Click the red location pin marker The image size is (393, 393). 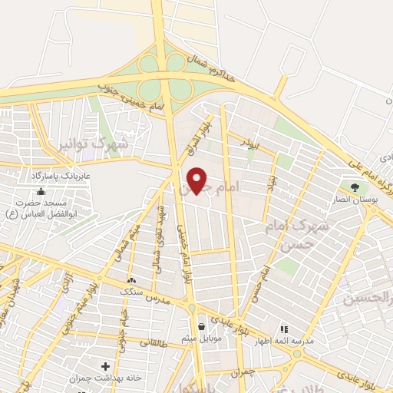(197, 180)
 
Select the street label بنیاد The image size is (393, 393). (271, 182)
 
